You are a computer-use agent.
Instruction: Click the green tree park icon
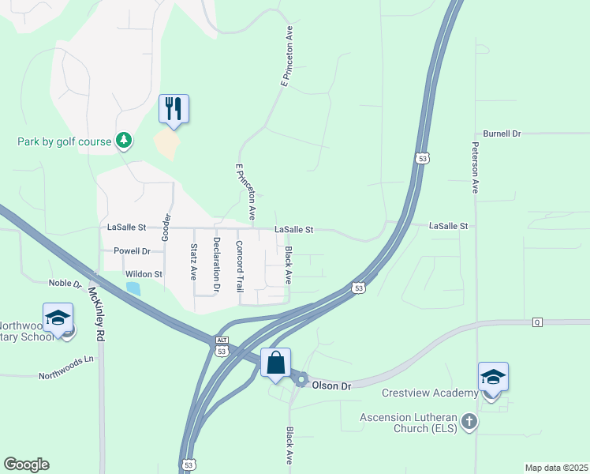tap(124, 141)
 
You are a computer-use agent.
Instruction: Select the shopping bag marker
tap(275, 363)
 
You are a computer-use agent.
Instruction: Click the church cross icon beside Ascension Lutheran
tap(469, 420)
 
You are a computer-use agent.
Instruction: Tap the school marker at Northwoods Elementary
tap(58, 318)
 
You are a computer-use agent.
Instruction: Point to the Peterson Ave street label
tap(476, 167)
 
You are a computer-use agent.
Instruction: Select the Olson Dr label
tap(330, 385)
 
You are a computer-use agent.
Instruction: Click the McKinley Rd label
tap(97, 313)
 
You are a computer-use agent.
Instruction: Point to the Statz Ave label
tap(193, 262)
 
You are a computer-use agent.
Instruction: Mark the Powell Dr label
tap(132, 251)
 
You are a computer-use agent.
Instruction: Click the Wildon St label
tap(144, 274)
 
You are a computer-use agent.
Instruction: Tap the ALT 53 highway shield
tap(222, 345)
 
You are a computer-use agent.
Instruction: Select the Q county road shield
tap(538, 322)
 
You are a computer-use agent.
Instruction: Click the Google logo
tap(26, 465)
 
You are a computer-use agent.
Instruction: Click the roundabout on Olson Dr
tap(301, 380)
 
